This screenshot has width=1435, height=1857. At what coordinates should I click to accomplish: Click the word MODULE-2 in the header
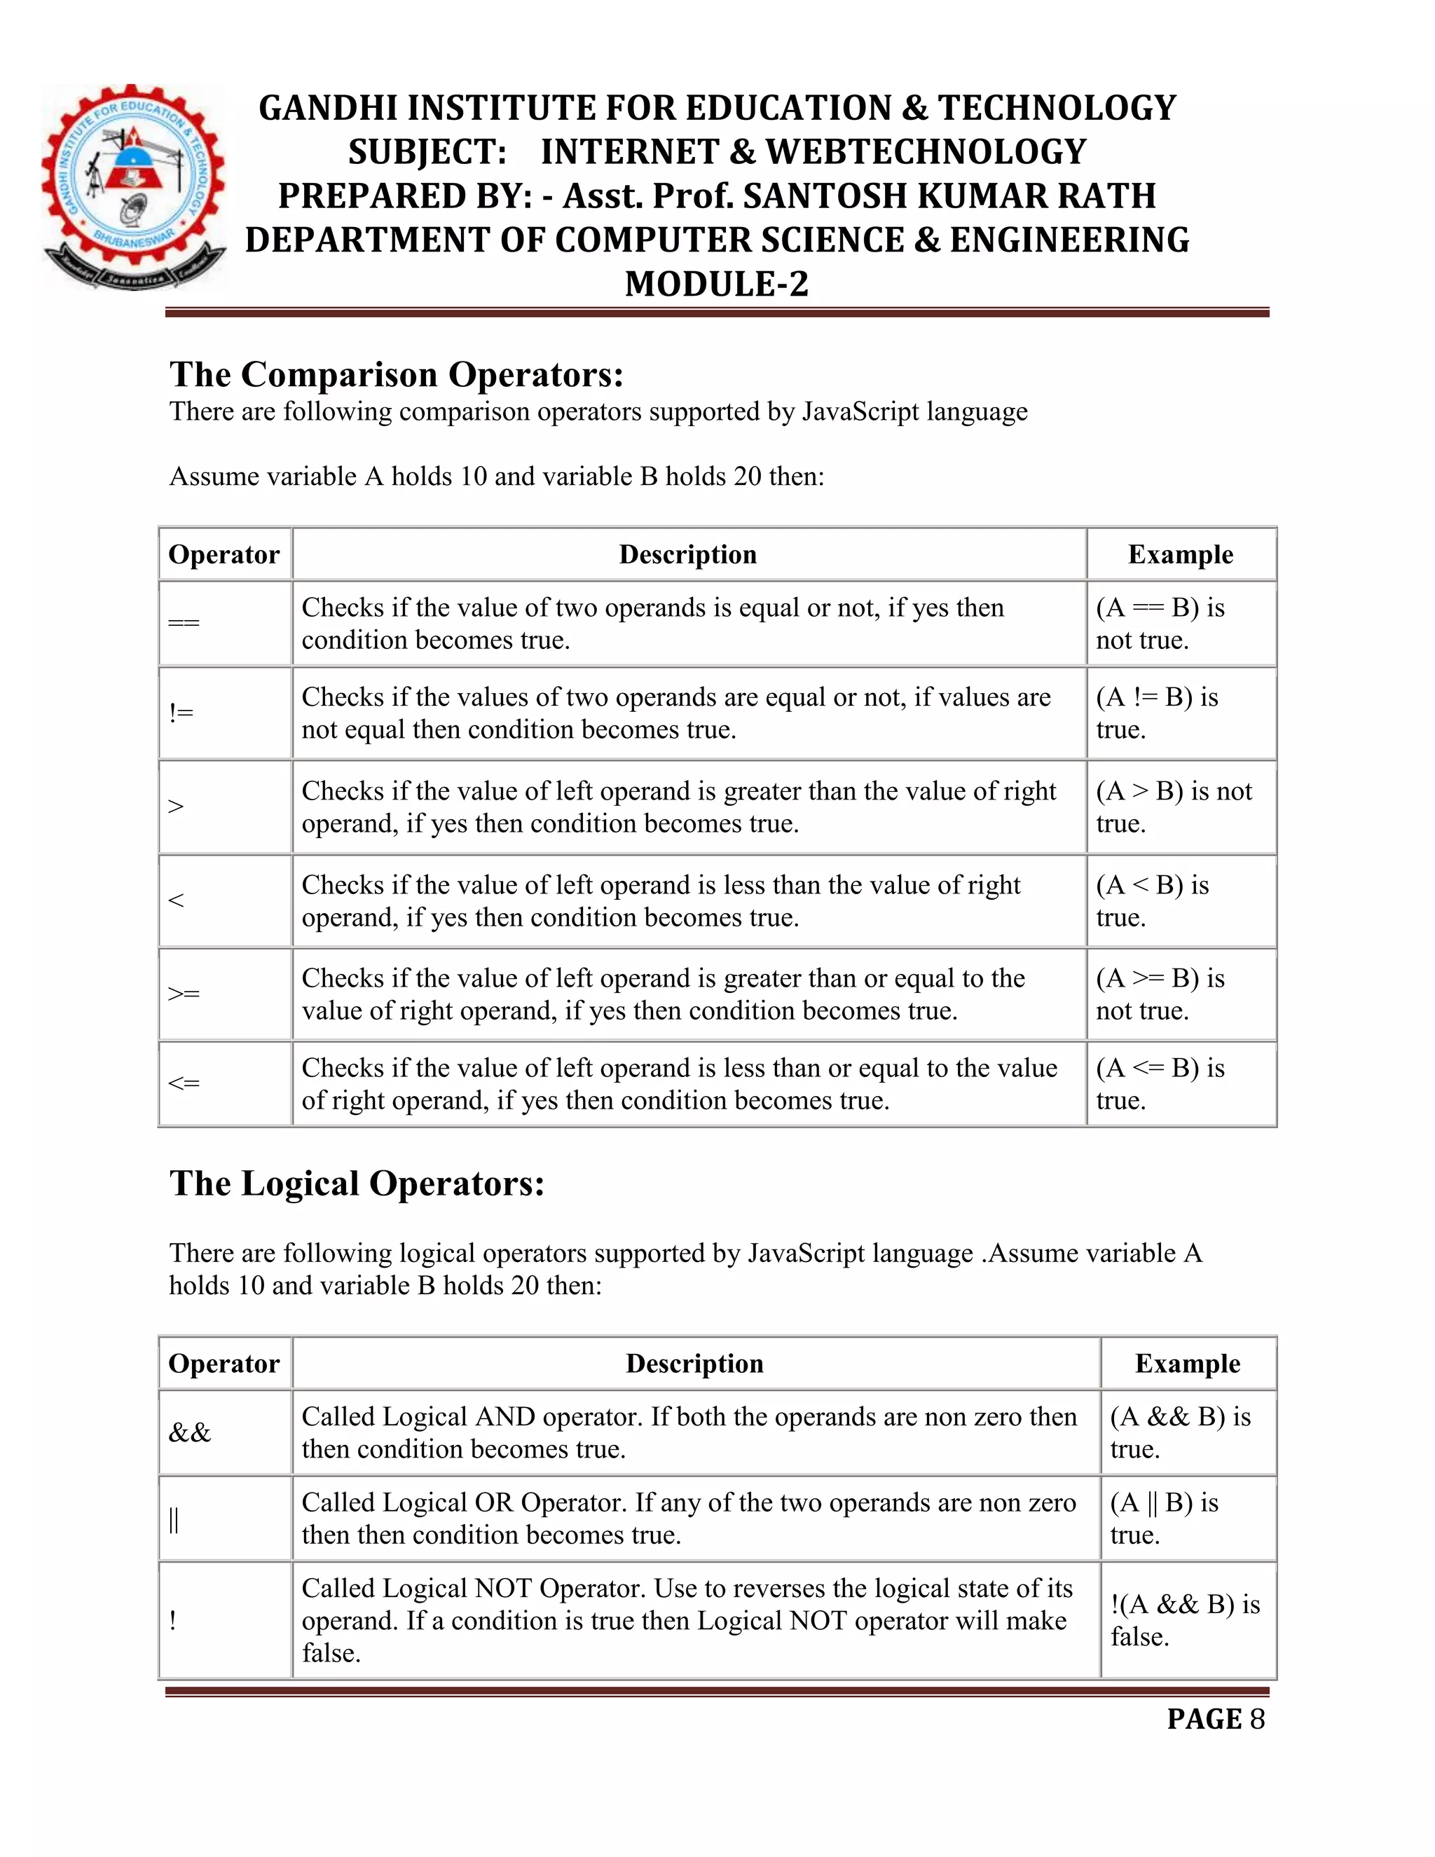pyautogui.click(x=717, y=284)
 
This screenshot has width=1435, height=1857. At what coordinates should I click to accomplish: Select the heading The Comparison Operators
pyautogui.click(x=396, y=374)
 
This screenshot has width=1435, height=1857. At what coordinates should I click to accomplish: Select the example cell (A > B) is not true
pyautogui.click(x=1180, y=807)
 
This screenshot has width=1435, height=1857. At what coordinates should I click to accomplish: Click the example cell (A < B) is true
pyautogui.click(x=1180, y=900)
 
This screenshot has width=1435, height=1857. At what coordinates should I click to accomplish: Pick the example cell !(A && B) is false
pyautogui.click(x=1187, y=1619)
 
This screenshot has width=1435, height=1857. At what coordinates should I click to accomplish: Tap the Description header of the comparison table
pyautogui.click(x=688, y=554)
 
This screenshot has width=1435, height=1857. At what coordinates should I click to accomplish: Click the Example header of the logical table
pyautogui.click(x=1187, y=1364)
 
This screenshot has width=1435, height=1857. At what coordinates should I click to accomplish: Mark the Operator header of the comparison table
pyautogui.click(x=224, y=554)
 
